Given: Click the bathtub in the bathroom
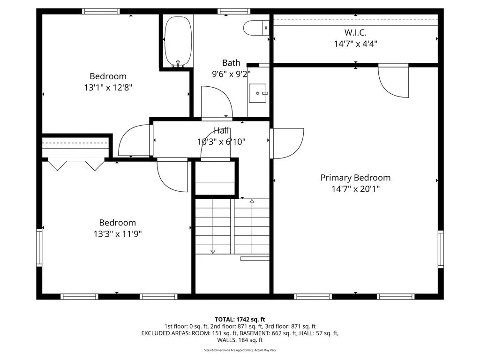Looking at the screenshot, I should pyautogui.click(x=178, y=41).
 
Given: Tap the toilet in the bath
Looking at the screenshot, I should pyautogui.click(x=256, y=28).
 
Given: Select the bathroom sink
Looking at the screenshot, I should pyautogui.click(x=257, y=93).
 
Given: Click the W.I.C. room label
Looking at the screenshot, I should pyautogui.click(x=355, y=33).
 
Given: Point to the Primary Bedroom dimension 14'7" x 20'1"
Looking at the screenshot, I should pyautogui.click(x=355, y=189).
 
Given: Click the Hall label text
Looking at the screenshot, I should pyautogui.click(x=221, y=131).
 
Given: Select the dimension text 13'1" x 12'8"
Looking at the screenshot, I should pyautogui.click(x=108, y=87).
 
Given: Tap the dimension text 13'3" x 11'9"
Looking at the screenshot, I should pyautogui.click(x=118, y=234).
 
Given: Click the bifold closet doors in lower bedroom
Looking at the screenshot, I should pyautogui.click(x=76, y=165).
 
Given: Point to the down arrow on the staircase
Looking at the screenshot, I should pyautogui.click(x=213, y=251).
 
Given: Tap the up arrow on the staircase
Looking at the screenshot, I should pyautogui.click(x=252, y=201).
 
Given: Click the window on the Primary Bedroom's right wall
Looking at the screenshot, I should pyautogui.click(x=440, y=249).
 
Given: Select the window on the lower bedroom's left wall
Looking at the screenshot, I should pyautogui.click(x=40, y=247).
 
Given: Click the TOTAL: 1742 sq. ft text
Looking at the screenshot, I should pyautogui.click(x=240, y=319).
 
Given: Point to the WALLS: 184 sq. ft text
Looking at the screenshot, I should pyautogui.click(x=240, y=340).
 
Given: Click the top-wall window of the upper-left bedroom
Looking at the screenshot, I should pyautogui.click(x=101, y=11).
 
